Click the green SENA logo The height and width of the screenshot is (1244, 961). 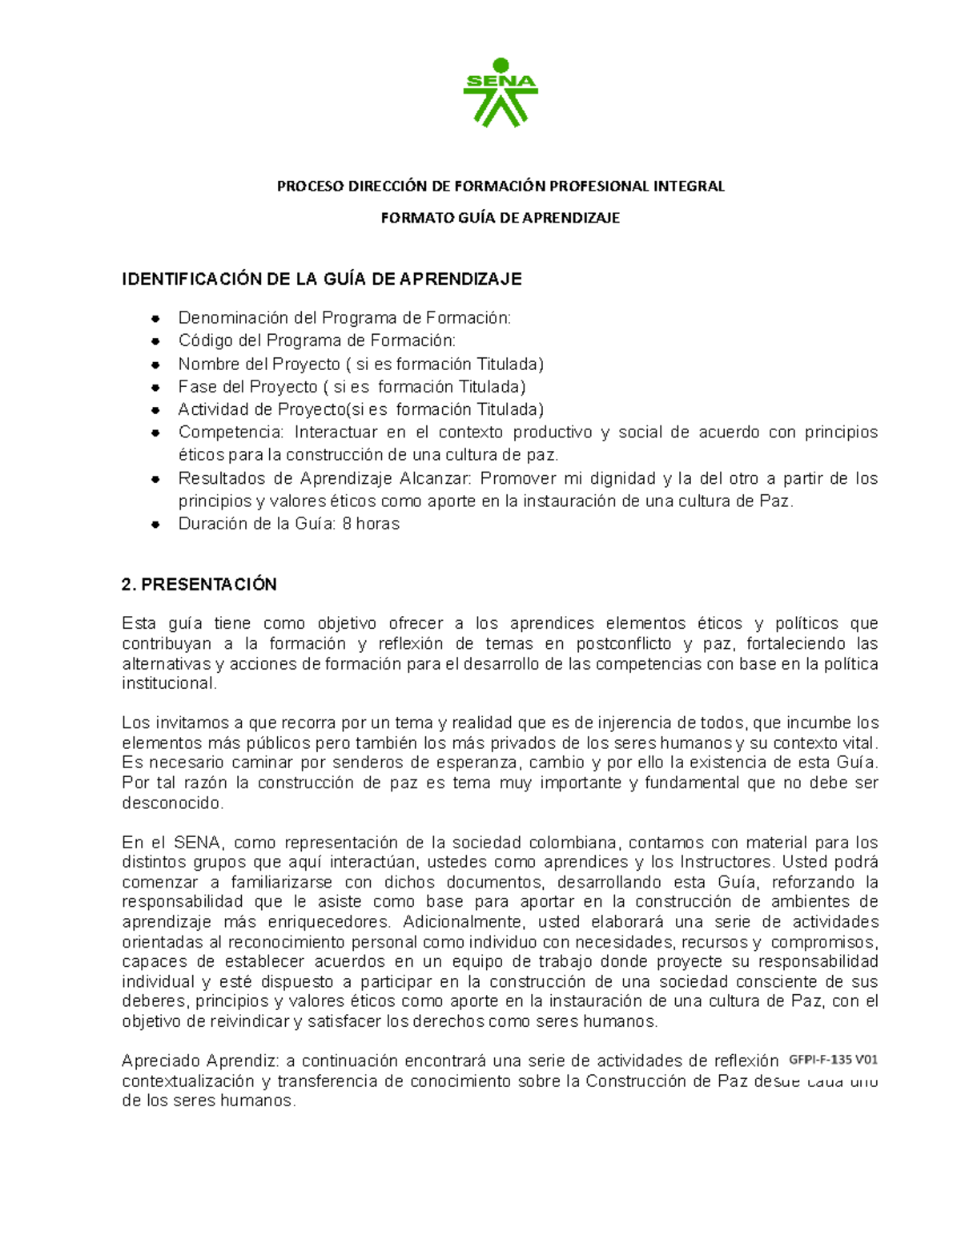tap(501, 92)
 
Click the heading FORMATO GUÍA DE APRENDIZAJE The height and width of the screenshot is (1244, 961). tap(500, 218)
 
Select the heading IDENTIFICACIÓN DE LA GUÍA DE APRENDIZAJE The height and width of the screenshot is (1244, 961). tap(321, 279)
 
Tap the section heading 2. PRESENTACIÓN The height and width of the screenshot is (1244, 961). tap(199, 585)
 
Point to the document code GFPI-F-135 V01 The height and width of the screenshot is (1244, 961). tap(833, 1060)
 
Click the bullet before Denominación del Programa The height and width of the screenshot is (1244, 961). tap(156, 319)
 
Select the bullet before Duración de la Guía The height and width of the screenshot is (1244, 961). tap(156, 525)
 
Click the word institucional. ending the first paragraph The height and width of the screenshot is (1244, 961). tap(169, 683)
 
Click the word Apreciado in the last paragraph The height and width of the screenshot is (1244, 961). tap(160, 1061)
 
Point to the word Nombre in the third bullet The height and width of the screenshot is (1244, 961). tap(203, 364)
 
